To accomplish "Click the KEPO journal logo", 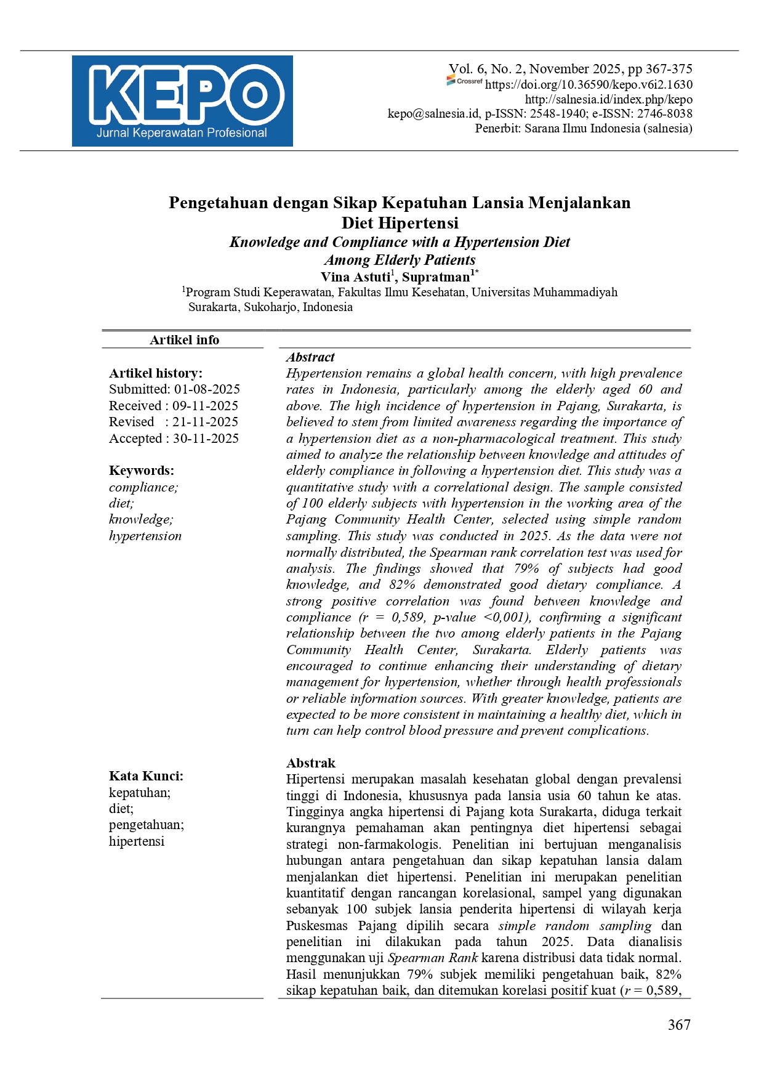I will pyautogui.click(x=182, y=101).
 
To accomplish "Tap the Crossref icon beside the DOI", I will pyautogui.click(x=464, y=81).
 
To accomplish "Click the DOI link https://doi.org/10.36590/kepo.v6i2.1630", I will pyautogui.click(x=589, y=85).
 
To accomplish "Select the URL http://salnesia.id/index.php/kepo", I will pyautogui.click(x=608, y=100).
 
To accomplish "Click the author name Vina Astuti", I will pyautogui.click(x=355, y=277).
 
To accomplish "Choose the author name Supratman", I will pyautogui.click(x=436, y=277).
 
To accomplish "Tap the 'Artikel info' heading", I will pyautogui.click(x=184, y=340).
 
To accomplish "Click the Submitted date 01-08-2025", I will pyautogui.click(x=207, y=389).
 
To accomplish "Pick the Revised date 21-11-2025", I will pyautogui.click(x=205, y=422).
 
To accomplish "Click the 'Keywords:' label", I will pyautogui.click(x=142, y=471).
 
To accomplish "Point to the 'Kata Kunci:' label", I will pyautogui.click(x=146, y=776).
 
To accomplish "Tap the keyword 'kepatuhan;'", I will pyautogui.click(x=140, y=793).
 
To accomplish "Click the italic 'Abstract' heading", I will pyautogui.click(x=310, y=357).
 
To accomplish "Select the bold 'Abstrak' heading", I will pyautogui.click(x=311, y=763).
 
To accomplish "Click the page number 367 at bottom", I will pyautogui.click(x=679, y=1025).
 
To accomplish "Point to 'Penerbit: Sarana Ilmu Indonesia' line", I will pyautogui.click(x=583, y=129).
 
